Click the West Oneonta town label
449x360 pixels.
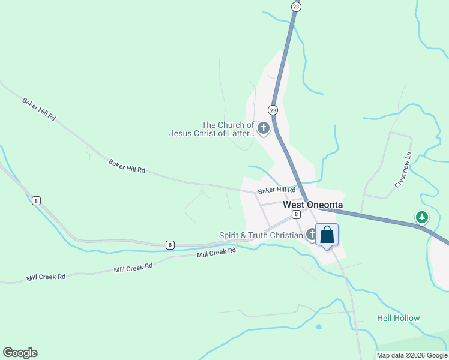pos(313,205)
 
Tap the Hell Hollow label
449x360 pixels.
pos(398,318)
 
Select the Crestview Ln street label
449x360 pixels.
pos(403,170)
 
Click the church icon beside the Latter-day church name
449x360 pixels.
pos(263,128)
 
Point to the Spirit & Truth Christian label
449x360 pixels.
pos(261,235)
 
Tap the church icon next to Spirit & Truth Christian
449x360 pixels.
pos(312,234)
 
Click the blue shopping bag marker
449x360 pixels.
pos(327,235)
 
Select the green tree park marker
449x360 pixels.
pos(422,217)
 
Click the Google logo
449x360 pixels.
pos(20,353)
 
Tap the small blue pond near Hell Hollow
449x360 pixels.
pos(318,328)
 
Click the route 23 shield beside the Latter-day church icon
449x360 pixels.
pos(273,110)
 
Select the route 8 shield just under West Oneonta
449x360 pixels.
pos(296,214)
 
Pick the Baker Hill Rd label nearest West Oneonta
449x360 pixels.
pos(277,190)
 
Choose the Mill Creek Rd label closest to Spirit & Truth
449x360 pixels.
pos(217,253)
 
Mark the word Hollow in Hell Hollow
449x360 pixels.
pos(406,318)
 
